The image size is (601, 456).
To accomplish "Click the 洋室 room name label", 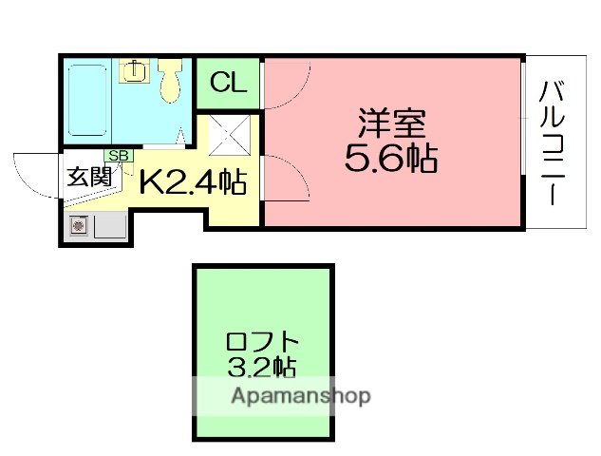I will [x=392, y=123].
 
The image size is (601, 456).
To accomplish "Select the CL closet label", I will [x=228, y=83].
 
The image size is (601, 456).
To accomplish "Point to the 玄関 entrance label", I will [x=88, y=178].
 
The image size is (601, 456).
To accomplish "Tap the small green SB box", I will [x=119, y=156].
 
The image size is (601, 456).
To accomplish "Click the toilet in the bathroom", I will [x=171, y=80].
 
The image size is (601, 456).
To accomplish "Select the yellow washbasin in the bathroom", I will [x=136, y=70].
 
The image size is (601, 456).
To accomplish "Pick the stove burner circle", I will [x=78, y=226].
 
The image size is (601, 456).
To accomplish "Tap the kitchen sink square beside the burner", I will [x=110, y=226].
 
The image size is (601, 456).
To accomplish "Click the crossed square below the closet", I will [x=228, y=135].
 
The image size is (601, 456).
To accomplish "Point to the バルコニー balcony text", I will [x=554, y=142].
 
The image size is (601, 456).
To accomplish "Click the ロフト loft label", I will [x=263, y=341].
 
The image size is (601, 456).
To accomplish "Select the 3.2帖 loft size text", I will [x=262, y=366].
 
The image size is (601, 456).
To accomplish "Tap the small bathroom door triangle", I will [x=178, y=139].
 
